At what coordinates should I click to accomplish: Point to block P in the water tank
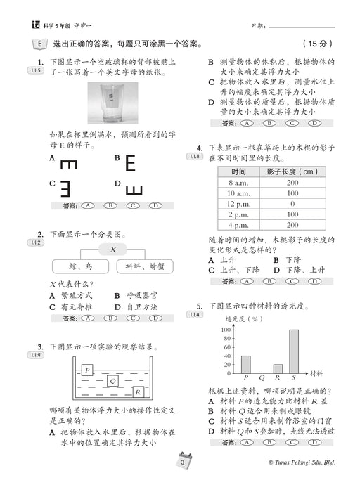tap(87, 370)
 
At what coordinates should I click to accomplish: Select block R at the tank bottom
tap(139, 392)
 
